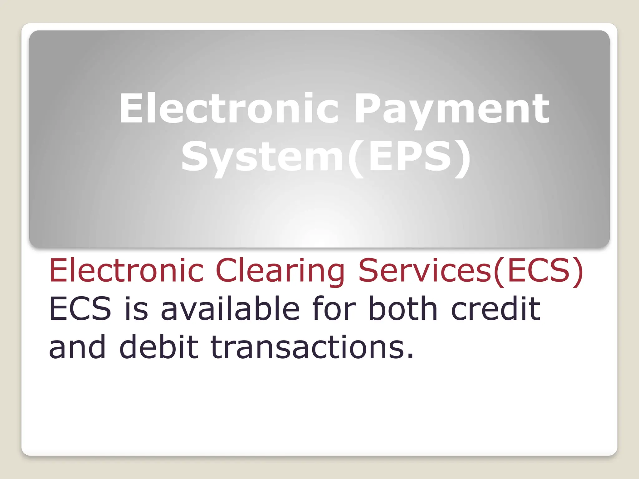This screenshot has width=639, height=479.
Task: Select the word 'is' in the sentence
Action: [x=136, y=309]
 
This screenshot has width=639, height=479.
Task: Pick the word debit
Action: [x=159, y=346]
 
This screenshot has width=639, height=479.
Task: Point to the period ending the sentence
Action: [x=410, y=356]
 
